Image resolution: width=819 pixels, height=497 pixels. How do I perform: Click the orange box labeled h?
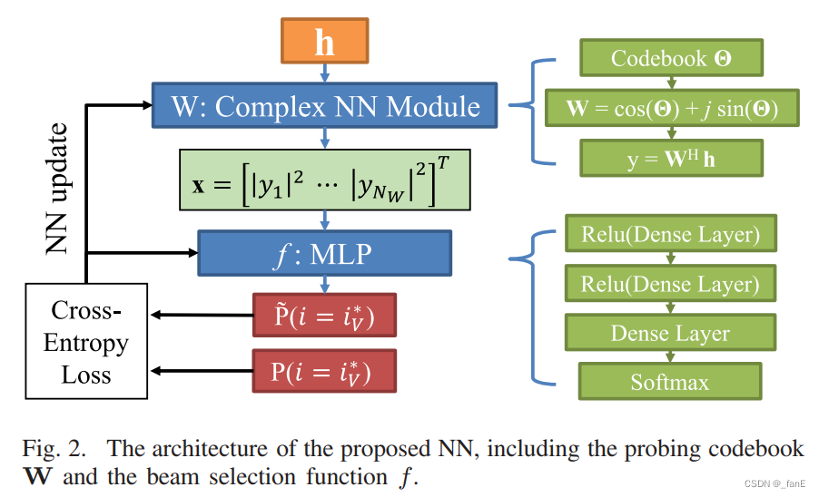click(324, 41)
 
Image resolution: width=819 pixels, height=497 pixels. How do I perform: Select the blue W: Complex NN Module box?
click(325, 106)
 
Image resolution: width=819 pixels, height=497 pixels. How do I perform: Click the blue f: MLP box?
click(324, 253)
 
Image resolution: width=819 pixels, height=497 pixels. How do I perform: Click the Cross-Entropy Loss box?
click(86, 342)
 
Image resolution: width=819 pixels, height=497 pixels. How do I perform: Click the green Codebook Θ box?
click(672, 59)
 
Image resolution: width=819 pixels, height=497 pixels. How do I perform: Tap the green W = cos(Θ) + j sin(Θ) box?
click(672, 109)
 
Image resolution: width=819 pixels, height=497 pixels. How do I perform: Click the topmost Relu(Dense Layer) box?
click(671, 235)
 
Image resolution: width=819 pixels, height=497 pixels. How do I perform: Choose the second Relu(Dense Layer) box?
click(671, 284)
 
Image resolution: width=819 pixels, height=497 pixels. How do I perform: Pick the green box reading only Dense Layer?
click(671, 333)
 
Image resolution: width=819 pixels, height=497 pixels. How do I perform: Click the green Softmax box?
click(671, 382)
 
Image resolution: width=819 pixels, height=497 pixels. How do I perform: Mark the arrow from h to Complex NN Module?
click(324, 73)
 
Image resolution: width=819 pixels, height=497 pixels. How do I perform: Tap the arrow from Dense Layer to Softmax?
click(671, 357)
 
